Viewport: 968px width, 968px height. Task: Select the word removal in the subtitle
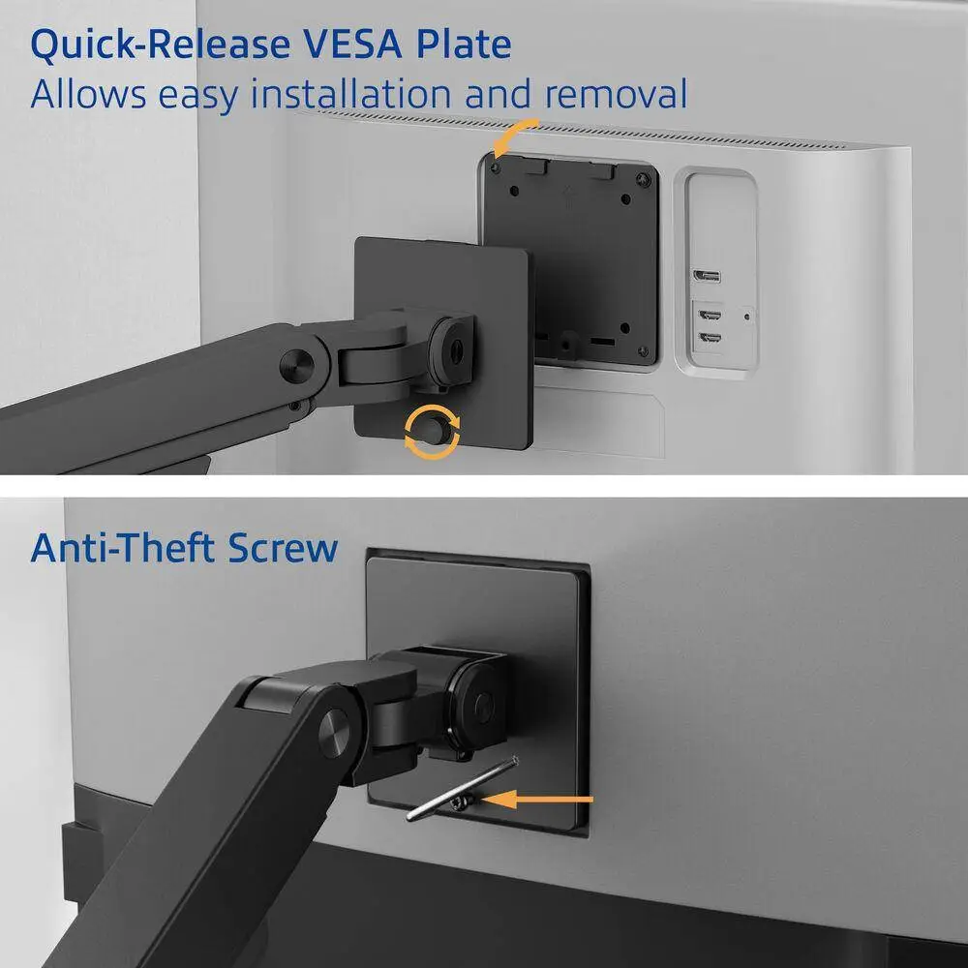(x=616, y=94)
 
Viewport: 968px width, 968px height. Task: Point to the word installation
(x=350, y=94)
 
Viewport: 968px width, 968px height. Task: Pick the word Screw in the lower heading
(x=283, y=548)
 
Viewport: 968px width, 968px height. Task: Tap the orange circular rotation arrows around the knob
(x=432, y=432)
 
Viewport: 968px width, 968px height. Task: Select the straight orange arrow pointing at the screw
(x=537, y=800)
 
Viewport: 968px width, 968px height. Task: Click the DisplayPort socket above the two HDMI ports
(x=707, y=276)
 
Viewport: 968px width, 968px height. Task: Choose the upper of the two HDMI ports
(x=710, y=316)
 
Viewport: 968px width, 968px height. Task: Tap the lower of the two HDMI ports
(x=710, y=338)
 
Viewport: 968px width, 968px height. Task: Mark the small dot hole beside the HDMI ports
(x=747, y=317)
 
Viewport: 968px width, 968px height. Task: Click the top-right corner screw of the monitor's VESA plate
(x=644, y=180)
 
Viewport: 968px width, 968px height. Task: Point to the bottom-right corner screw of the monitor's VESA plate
(x=644, y=351)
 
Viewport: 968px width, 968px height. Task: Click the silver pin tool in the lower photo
(x=462, y=790)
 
